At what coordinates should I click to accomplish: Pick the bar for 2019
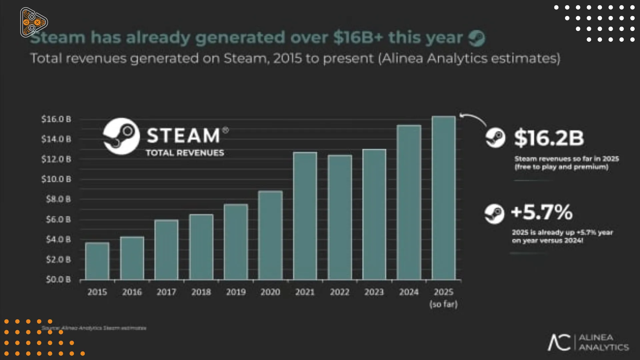(x=236, y=242)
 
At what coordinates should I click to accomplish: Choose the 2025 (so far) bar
(x=443, y=198)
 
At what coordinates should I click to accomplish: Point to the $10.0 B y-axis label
(x=56, y=179)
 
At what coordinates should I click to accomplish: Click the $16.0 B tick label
(x=56, y=119)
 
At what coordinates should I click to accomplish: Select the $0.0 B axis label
(x=58, y=279)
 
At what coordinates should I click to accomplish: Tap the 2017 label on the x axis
(x=166, y=292)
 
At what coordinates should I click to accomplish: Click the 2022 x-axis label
(x=340, y=292)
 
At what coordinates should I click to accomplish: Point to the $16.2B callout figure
(x=549, y=138)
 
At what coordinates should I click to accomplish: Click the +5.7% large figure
(x=542, y=212)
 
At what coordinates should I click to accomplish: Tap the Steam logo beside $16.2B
(x=495, y=138)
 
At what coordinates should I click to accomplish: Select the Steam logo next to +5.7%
(x=494, y=214)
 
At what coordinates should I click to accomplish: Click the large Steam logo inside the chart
(x=121, y=136)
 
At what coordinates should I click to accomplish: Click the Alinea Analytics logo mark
(x=559, y=342)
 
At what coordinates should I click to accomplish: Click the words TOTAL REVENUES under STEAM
(x=185, y=153)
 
